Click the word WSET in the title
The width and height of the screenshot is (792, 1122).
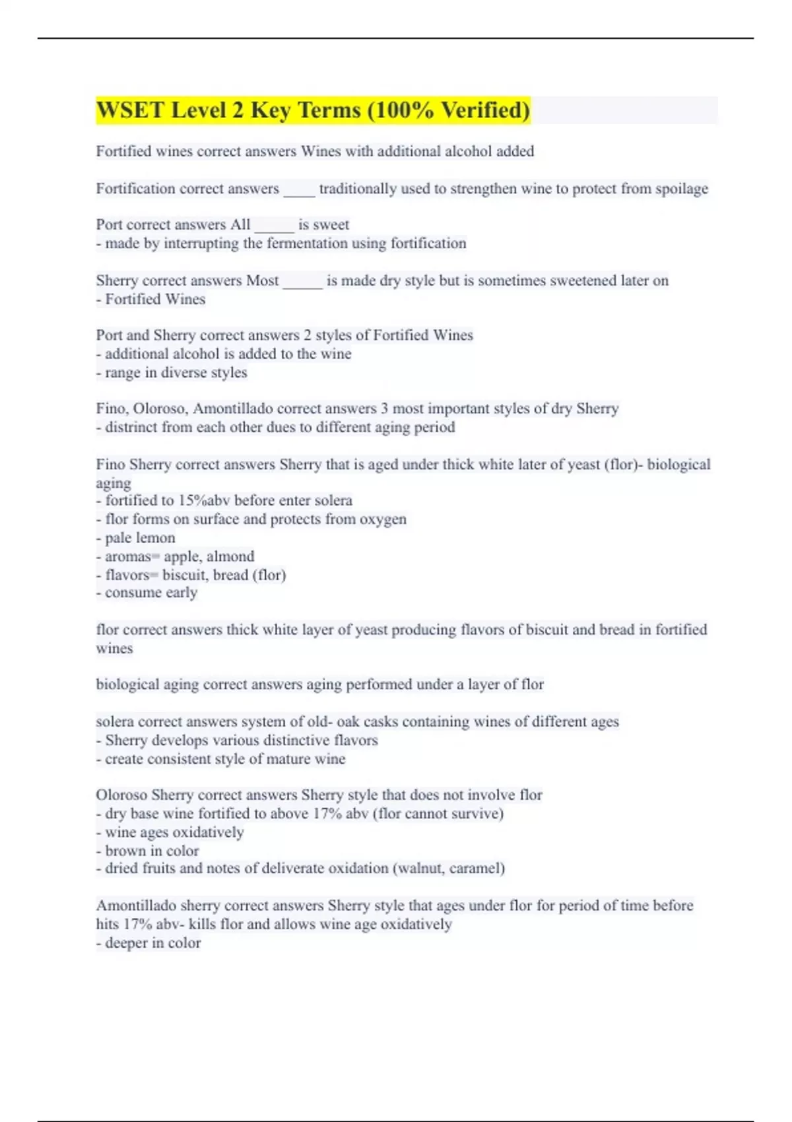[x=130, y=110]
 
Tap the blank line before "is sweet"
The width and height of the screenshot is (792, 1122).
[x=274, y=225]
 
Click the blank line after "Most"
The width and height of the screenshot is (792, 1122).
[x=302, y=281]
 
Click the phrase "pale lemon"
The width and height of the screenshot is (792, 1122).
[x=140, y=538]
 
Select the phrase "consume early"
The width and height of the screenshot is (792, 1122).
[x=151, y=593]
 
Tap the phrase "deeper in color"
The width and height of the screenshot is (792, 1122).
[x=152, y=943]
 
